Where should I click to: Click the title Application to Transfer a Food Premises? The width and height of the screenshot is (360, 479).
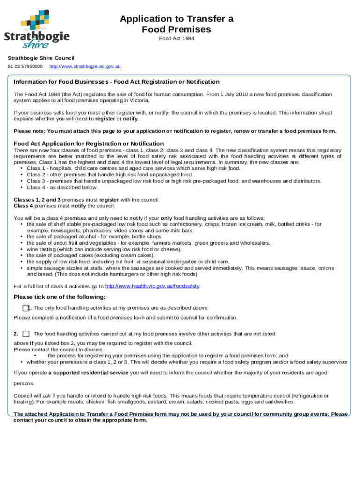click(x=176, y=24)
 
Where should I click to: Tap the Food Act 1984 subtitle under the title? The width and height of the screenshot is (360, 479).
click(x=176, y=38)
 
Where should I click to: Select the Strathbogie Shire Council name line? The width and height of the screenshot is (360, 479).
click(x=41, y=58)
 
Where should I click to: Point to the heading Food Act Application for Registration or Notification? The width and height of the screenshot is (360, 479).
click(x=89, y=143)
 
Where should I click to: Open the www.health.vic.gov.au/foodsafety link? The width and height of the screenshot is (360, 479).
click(x=152, y=286)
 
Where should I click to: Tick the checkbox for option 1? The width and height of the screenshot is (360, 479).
click(x=26, y=308)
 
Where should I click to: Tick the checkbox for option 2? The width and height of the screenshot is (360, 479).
click(x=26, y=334)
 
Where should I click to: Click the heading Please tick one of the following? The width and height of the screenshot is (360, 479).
click(x=59, y=297)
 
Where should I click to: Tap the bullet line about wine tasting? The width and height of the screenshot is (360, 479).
click(x=104, y=249)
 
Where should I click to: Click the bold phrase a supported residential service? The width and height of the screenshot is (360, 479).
click(x=88, y=372)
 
